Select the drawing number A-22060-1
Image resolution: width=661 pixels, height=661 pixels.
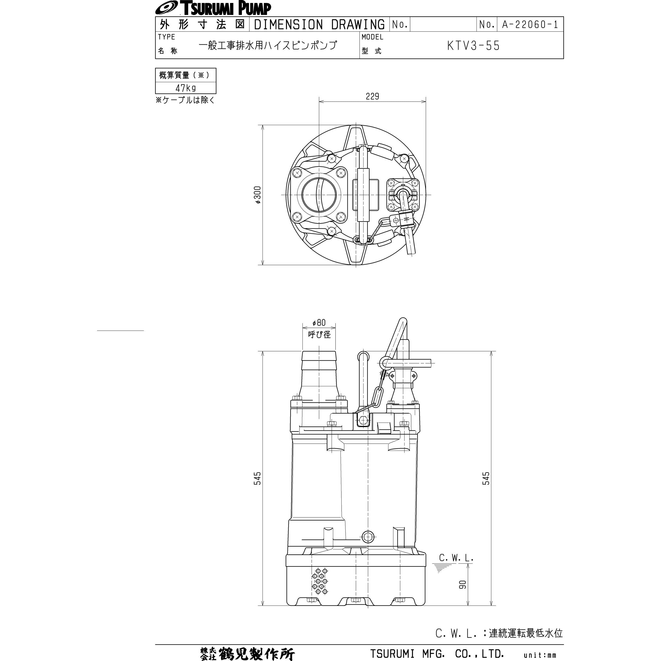point(530,24)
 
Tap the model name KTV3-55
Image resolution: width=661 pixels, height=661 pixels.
point(473,46)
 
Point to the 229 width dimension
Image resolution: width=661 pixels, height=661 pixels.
point(372,97)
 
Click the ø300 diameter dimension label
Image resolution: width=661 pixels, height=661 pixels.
point(258,195)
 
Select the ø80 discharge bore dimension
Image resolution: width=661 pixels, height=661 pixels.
point(319,323)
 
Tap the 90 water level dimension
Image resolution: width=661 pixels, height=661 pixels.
point(462,584)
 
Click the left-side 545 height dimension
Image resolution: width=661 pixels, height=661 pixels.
point(257,478)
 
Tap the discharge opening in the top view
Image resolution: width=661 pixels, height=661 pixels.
point(319,195)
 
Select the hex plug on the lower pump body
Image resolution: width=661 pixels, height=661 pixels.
point(368,537)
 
